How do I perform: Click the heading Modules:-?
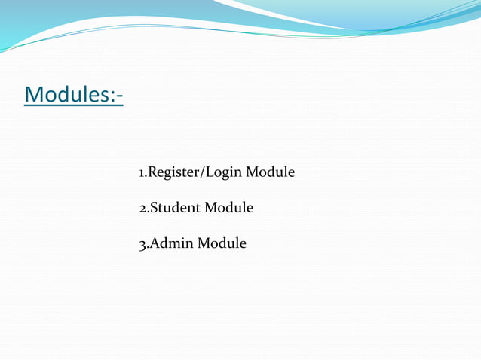(74, 96)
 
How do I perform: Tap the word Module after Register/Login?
(270, 172)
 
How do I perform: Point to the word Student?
(173, 207)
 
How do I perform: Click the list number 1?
(142, 173)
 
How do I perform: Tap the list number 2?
(142, 208)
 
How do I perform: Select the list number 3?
(142, 244)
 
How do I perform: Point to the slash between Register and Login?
(198, 173)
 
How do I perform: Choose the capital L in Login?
(207, 172)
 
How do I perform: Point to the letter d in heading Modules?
(63, 96)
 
